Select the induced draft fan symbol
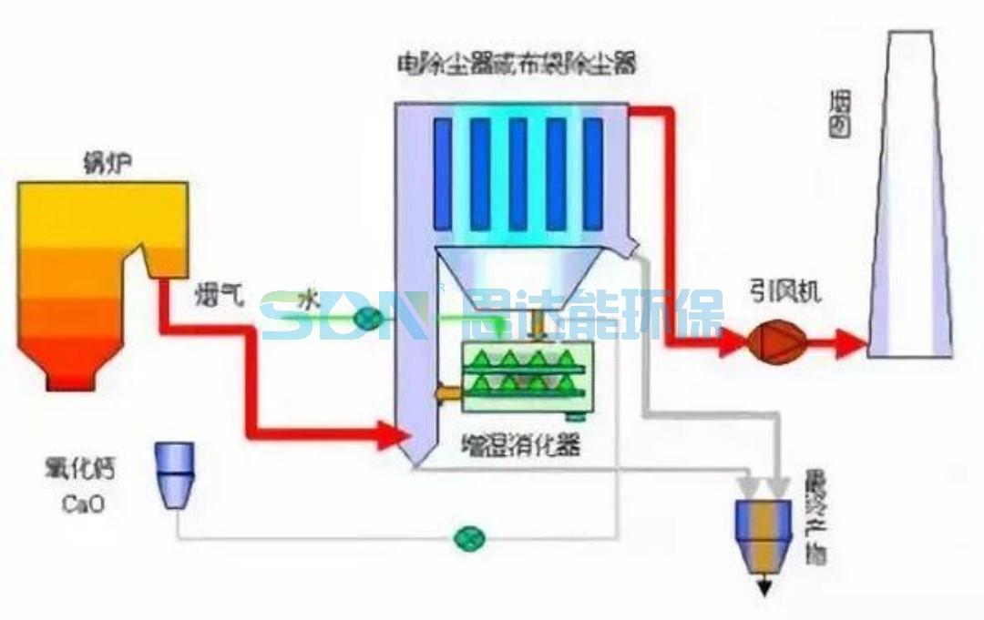tap(772, 342)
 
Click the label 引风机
tap(785, 291)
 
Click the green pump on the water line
tap(368, 317)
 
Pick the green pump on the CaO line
tap(470, 538)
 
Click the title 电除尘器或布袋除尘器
tap(516, 65)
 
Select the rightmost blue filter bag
tap(592, 173)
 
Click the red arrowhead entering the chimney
tap(852, 343)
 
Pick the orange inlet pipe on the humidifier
tap(448, 392)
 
